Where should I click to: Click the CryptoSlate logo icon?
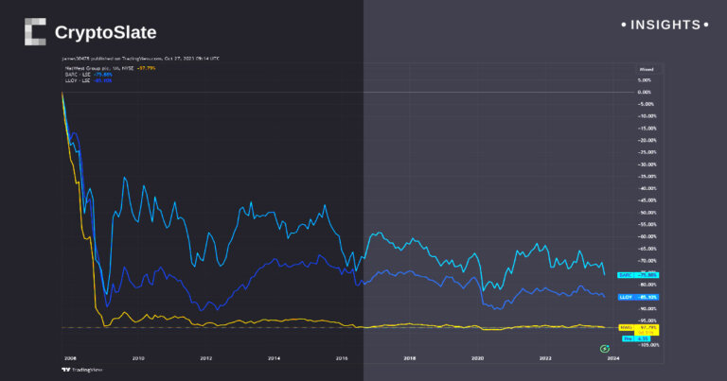[x=35, y=32]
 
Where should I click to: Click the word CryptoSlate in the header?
[x=105, y=33]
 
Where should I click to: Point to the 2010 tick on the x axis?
[x=137, y=358]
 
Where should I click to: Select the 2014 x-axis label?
[x=274, y=358]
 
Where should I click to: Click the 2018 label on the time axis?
[x=410, y=358]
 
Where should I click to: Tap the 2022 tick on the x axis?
[x=546, y=358]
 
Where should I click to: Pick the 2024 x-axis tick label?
[x=613, y=358]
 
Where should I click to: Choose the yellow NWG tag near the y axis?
[x=625, y=327]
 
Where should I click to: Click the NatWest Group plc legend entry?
[x=95, y=68]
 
